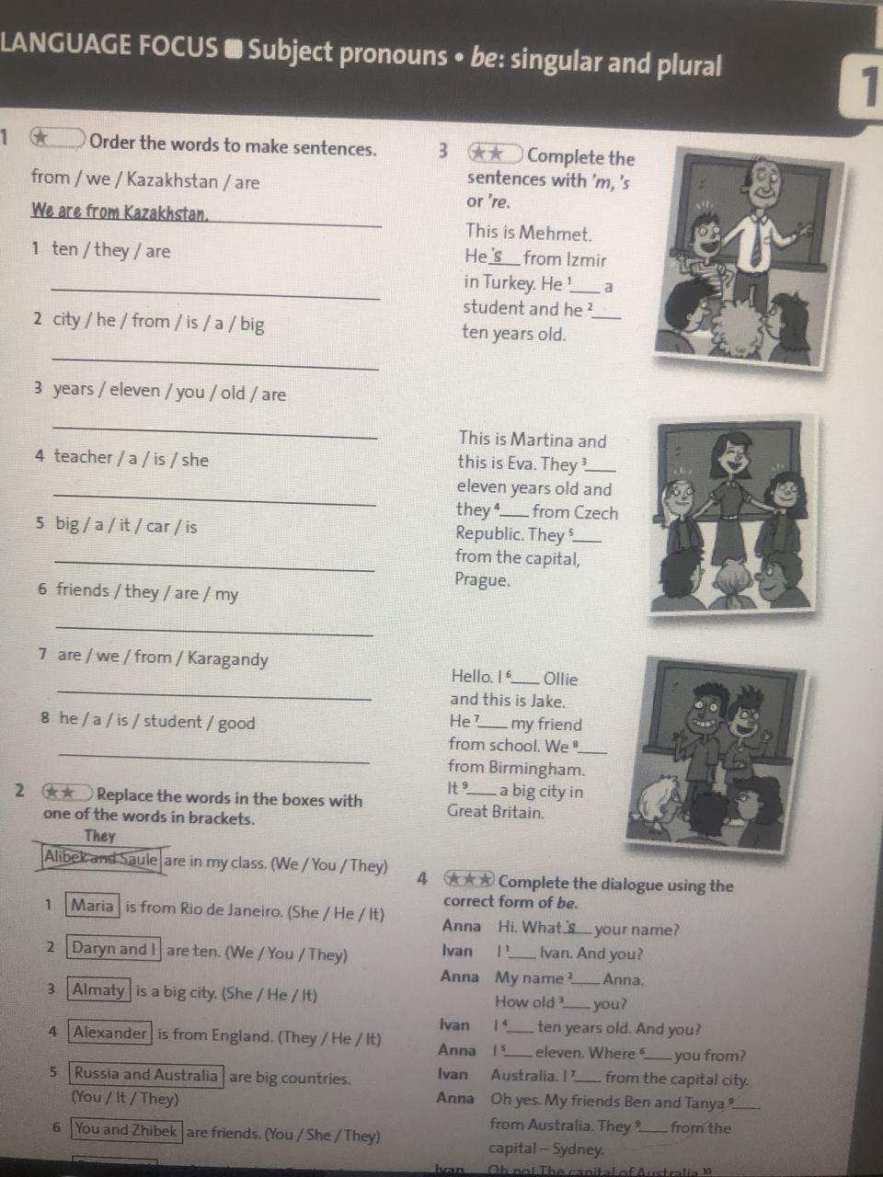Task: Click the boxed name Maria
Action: coord(92,906)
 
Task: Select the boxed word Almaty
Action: coord(98,989)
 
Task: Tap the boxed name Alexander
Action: coord(109,1033)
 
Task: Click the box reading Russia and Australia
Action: coord(146,1075)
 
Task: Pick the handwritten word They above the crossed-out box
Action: coord(99,836)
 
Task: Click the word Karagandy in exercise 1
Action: coord(228,659)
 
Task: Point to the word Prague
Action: coord(482,579)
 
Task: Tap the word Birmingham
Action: coord(536,769)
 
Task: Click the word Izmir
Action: coord(586,260)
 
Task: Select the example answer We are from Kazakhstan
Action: coord(119,212)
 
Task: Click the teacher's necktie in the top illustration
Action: coord(756,244)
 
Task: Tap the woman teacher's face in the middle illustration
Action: coord(730,456)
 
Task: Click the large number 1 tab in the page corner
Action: coord(863,86)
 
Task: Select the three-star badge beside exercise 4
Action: coord(468,879)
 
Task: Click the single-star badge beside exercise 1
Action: coord(57,138)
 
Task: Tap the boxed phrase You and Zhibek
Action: coord(127,1130)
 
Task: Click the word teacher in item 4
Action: coord(83,457)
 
